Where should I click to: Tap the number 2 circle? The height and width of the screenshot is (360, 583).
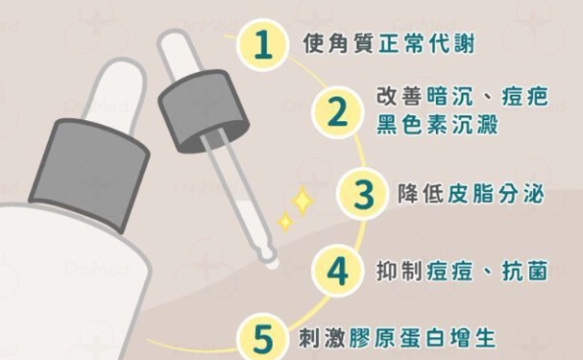335,112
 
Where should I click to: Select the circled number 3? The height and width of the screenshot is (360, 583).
362,193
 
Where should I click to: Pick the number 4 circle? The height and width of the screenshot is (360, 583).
335,271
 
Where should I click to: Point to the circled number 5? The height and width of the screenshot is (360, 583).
260,338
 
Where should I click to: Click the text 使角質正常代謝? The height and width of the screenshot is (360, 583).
387,45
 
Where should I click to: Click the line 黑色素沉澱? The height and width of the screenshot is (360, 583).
436,126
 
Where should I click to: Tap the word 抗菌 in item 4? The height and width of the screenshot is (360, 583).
526,271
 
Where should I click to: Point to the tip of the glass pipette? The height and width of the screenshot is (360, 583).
273,259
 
